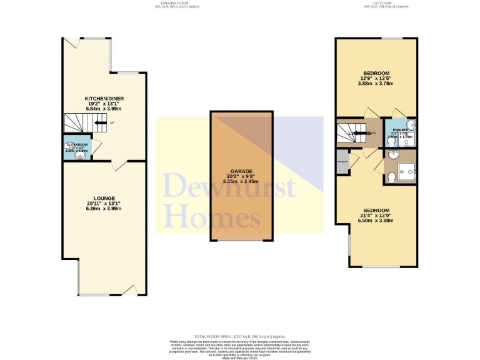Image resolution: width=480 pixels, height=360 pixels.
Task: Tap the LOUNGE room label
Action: click(104, 198)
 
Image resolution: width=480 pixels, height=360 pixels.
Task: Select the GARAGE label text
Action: click(241, 171)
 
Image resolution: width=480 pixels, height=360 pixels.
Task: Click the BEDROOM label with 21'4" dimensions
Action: click(376, 210)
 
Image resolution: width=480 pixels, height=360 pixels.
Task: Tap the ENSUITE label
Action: click(400, 129)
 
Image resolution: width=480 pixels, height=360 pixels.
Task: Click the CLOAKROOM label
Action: click(77, 145)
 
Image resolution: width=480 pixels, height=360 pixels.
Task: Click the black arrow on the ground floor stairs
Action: click(100, 123)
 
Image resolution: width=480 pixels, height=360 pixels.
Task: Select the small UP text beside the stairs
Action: click(112, 123)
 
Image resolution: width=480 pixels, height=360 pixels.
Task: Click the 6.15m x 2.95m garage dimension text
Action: click(241, 181)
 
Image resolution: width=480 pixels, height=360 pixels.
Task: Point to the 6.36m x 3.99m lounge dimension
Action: click(104, 208)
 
